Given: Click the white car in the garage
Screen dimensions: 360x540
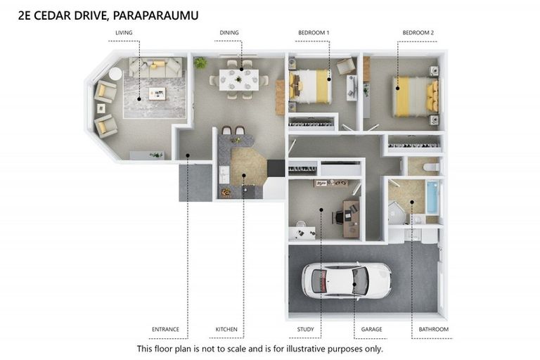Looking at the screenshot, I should [346, 280].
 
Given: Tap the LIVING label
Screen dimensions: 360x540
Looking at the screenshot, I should [124, 33].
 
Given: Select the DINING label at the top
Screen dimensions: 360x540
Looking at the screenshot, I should [229, 33].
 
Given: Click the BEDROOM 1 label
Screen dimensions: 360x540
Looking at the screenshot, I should [313, 33].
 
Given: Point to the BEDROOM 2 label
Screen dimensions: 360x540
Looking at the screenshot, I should [418, 33].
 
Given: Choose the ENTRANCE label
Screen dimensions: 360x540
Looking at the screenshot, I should [165, 329].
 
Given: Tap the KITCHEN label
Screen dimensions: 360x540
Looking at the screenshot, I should [226, 329].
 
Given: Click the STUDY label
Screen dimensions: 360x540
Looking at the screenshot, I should [305, 329].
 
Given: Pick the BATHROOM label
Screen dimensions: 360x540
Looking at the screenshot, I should [432, 329].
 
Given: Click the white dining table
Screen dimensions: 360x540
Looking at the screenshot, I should [238, 79].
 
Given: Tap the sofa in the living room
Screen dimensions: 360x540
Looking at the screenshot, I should [155, 67].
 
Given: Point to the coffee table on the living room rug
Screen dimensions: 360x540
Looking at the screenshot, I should [156, 93].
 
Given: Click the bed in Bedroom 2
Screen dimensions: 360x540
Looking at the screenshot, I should [415, 96].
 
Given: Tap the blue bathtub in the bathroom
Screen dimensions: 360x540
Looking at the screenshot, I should [432, 197].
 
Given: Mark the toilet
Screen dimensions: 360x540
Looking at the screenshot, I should [431, 167].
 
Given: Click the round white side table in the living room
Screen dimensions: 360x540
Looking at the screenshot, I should [115, 73].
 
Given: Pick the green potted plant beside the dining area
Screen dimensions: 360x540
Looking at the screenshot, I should [201, 63].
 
